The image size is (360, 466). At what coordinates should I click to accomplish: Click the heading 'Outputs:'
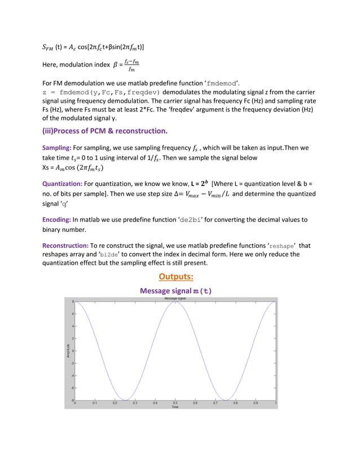175,276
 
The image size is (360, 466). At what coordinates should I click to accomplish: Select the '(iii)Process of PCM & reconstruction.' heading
105,131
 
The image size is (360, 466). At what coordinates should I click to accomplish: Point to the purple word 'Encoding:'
58,220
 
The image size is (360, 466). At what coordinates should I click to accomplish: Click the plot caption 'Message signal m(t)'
175,291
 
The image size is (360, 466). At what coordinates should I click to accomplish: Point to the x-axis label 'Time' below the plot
175,407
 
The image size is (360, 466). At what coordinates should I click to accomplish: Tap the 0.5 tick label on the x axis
175,403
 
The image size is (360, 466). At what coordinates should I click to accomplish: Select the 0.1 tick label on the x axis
95,403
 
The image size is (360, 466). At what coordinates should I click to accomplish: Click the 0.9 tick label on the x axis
255,403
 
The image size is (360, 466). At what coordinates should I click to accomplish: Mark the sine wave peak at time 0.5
175,302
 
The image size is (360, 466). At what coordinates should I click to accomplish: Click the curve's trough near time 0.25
125,399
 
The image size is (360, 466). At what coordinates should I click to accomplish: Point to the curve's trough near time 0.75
226,399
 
